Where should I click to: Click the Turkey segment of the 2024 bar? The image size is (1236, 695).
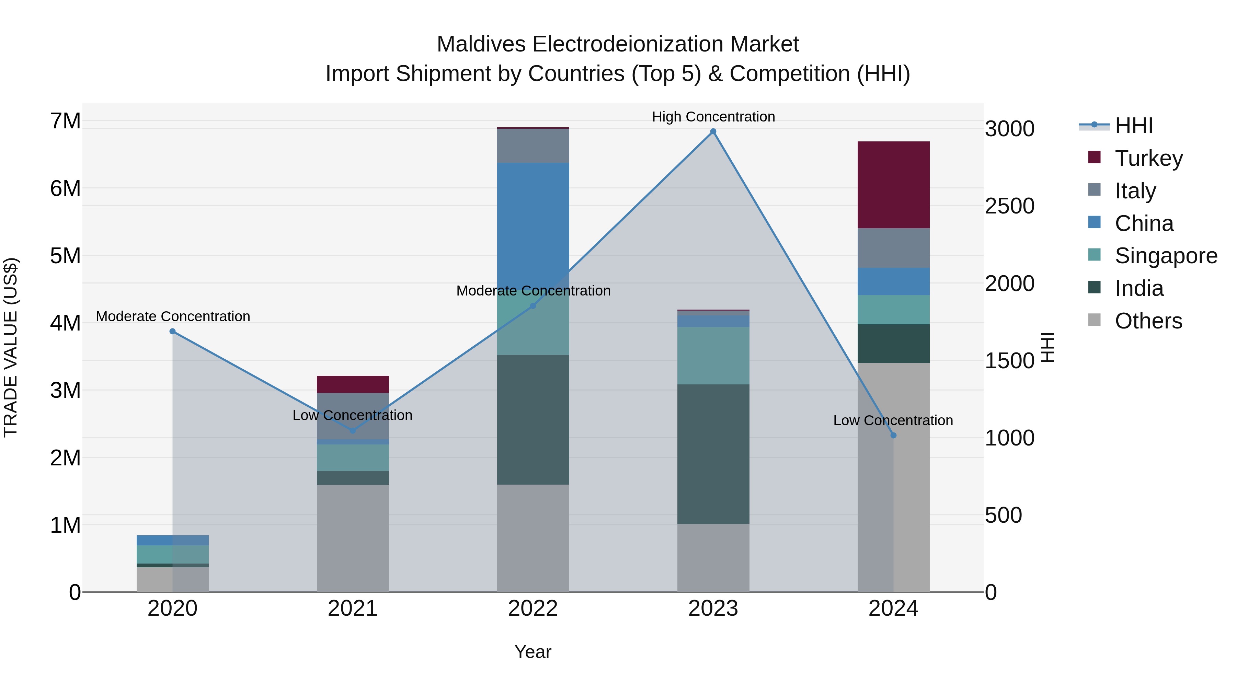click(x=893, y=185)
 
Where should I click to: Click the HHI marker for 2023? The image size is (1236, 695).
click(x=713, y=131)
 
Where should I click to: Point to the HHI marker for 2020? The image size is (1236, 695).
click(x=173, y=332)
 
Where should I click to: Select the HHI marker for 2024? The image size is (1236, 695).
click(x=893, y=436)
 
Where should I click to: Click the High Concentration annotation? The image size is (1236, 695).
click(x=713, y=117)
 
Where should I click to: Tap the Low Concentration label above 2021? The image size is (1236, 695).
click(x=352, y=415)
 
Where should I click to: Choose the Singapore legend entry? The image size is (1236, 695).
click(x=1166, y=256)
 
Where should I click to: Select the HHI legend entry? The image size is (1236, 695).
click(x=1133, y=126)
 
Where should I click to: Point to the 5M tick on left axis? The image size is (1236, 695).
click(x=65, y=256)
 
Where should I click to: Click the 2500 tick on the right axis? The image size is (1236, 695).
click(x=1009, y=206)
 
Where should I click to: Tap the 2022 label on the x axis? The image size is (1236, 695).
click(x=533, y=609)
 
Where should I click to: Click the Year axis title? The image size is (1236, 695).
click(x=533, y=652)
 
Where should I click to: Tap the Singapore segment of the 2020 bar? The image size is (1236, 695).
click(x=173, y=554)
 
